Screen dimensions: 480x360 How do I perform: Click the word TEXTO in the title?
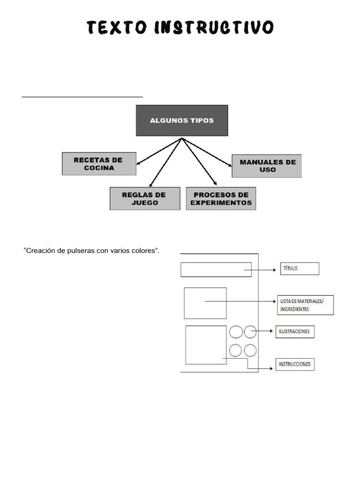point(117,28)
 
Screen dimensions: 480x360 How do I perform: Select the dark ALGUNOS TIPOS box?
point(182,120)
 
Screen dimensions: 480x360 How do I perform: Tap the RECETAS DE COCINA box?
point(99,164)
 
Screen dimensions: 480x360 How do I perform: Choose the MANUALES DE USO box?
point(267,166)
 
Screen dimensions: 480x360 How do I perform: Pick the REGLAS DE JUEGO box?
point(144,199)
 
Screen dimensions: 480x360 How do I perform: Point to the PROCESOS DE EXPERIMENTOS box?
point(221,199)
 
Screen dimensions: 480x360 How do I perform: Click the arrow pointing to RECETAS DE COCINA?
point(158,151)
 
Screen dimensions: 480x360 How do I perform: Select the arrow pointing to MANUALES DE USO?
point(207,152)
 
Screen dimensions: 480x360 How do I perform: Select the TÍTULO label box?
point(300,269)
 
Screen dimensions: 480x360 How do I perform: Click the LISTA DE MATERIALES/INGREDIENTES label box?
point(305,305)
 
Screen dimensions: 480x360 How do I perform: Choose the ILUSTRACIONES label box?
point(295,332)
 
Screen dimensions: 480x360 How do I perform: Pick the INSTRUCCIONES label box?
point(295,364)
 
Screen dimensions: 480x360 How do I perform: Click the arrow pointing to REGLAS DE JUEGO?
point(165,163)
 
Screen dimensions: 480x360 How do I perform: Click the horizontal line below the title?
point(82,97)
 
